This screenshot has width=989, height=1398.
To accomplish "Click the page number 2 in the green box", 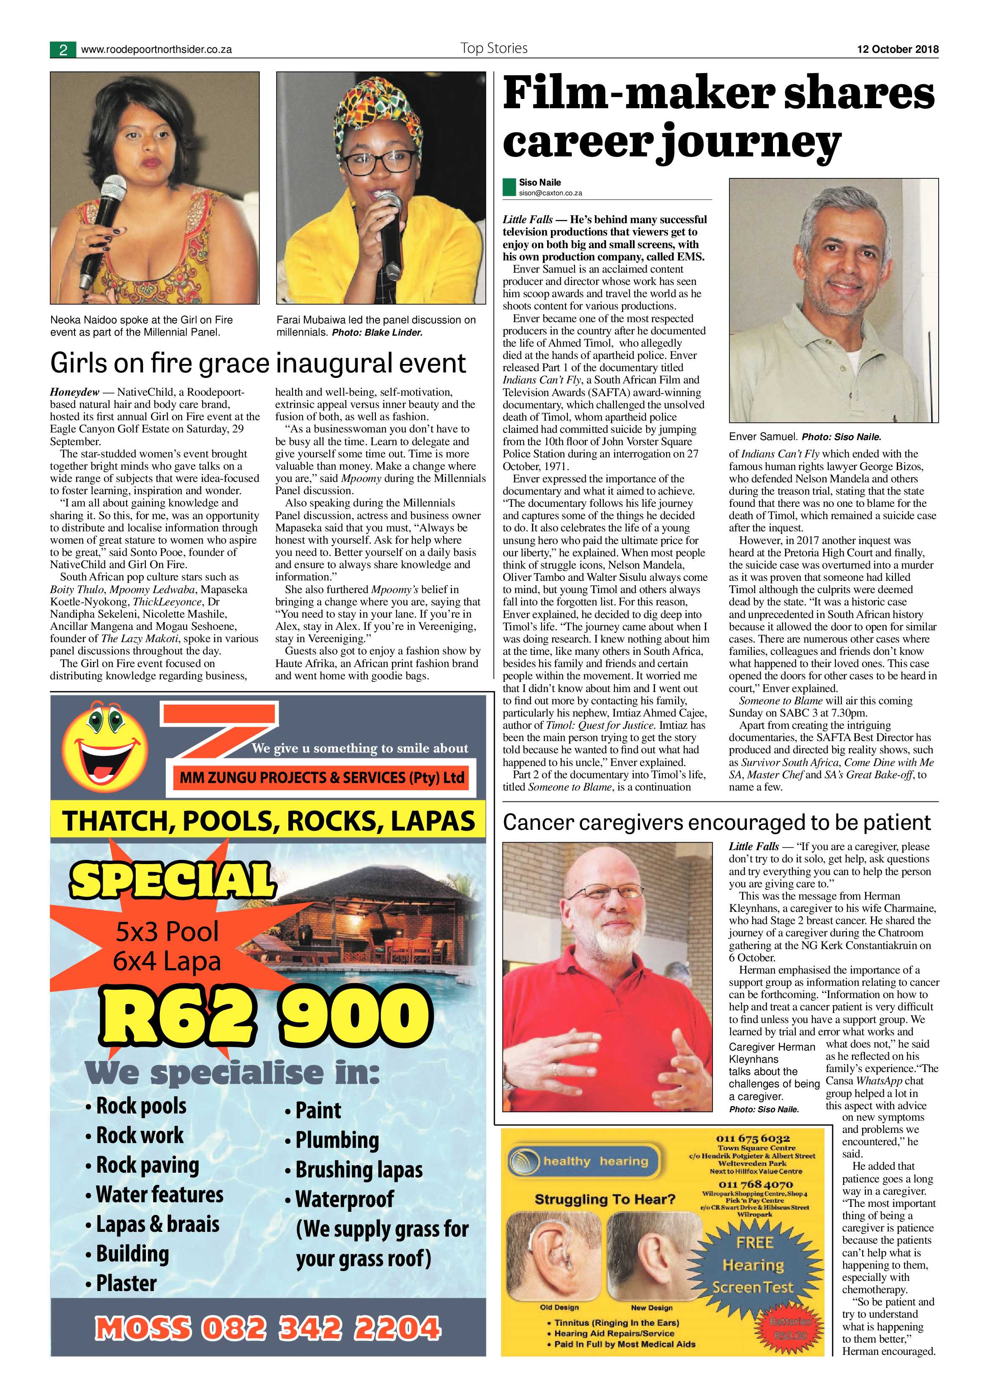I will (x=63, y=50).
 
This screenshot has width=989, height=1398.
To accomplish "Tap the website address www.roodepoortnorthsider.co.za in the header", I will (x=156, y=50).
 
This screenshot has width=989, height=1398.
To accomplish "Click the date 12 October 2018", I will (x=898, y=49).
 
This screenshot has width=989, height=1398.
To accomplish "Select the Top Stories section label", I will (x=494, y=48).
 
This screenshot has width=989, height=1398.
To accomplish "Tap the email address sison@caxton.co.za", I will (x=550, y=193).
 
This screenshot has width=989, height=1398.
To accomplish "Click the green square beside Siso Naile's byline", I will (x=509, y=187).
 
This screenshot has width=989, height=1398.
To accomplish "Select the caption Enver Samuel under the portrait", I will (x=763, y=437).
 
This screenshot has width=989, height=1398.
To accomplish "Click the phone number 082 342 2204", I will (x=321, y=1329).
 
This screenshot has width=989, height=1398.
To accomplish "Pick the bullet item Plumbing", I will (x=336, y=1140).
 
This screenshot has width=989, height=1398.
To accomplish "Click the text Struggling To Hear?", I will (x=604, y=1199).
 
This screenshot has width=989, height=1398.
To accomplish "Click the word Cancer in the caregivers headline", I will (x=538, y=823).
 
